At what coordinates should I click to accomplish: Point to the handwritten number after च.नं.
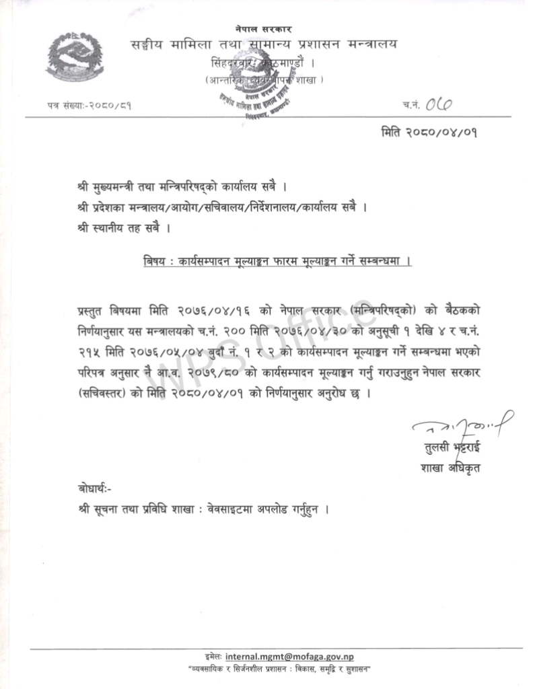click(439, 104)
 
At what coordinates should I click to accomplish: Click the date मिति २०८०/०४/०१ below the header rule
click(429, 131)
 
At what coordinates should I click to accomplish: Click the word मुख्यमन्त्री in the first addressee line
click(115, 185)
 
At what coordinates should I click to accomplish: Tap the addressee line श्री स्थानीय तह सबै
click(121, 228)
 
